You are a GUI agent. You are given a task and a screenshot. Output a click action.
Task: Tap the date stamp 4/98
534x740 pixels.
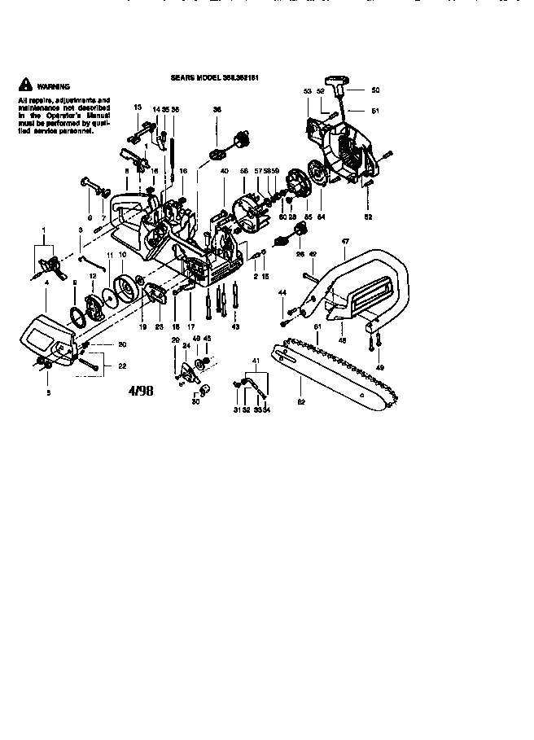click(x=140, y=391)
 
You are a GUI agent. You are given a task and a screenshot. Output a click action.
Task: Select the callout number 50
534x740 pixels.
click(x=376, y=90)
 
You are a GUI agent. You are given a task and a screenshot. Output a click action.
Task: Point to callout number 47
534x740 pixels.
click(x=345, y=242)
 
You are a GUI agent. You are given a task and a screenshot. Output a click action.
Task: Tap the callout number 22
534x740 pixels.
click(x=123, y=366)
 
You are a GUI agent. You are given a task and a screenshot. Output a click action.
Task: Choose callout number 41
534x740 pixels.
click(x=256, y=360)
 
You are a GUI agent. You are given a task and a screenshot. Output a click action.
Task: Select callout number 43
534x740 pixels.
click(x=235, y=327)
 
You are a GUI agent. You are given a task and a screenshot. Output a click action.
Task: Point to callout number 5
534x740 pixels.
click(x=48, y=392)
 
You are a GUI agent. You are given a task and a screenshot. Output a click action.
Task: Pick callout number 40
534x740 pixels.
click(x=224, y=171)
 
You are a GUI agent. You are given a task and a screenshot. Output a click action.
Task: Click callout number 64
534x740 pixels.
click(x=321, y=217)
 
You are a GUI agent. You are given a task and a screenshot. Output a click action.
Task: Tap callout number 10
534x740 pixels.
click(x=122, y=255)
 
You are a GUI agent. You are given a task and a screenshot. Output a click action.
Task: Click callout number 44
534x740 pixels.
click(x=282, y=291)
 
